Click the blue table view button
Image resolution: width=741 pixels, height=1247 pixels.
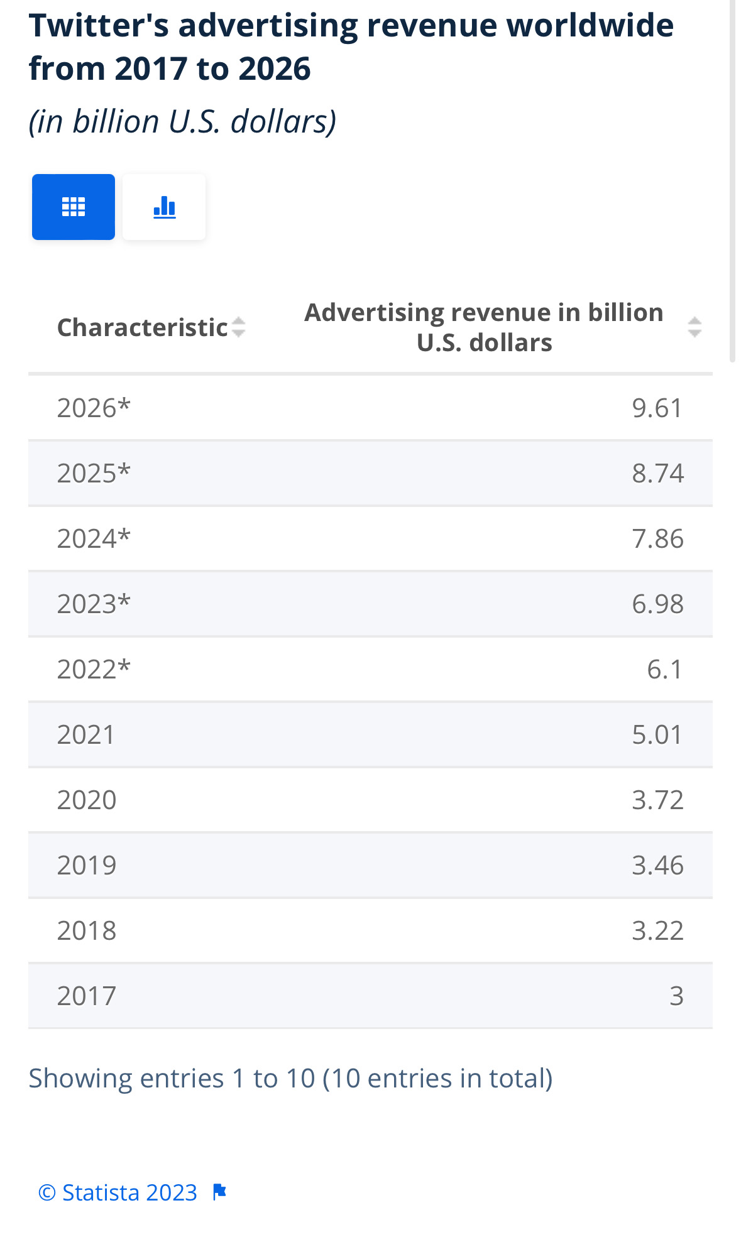coord(74,207)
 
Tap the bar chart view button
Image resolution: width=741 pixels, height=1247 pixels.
coord(164,207)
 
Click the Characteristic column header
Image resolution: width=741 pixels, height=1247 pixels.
coord(142,327)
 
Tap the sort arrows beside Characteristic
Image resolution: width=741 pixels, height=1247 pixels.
coord(238,327)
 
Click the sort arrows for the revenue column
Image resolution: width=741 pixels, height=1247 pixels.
coord(694,327)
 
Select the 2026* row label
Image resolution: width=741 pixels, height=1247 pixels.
coord(94,408)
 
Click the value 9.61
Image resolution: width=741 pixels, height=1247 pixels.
coord(657,408)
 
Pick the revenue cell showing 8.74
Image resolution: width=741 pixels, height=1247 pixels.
coord(657,473)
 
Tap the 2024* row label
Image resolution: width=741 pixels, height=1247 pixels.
coord(94,538)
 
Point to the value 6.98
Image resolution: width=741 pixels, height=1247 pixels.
coord(657,604)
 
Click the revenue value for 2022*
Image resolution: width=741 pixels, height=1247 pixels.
coord(664,669)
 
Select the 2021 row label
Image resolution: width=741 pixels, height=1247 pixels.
coord(86,734)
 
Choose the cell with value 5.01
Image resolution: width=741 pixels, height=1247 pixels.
coord(657,734)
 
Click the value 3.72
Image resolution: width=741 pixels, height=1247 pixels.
coord(657,800)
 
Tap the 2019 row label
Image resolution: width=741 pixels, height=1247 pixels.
coord(87,865)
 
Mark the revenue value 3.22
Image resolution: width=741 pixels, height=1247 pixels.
coord(657,930)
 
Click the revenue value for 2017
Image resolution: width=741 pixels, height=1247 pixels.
coord(676,996)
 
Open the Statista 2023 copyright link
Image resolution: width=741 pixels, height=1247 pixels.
coord(118,1192)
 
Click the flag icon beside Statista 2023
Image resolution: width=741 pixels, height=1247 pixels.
coord(219,1191)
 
